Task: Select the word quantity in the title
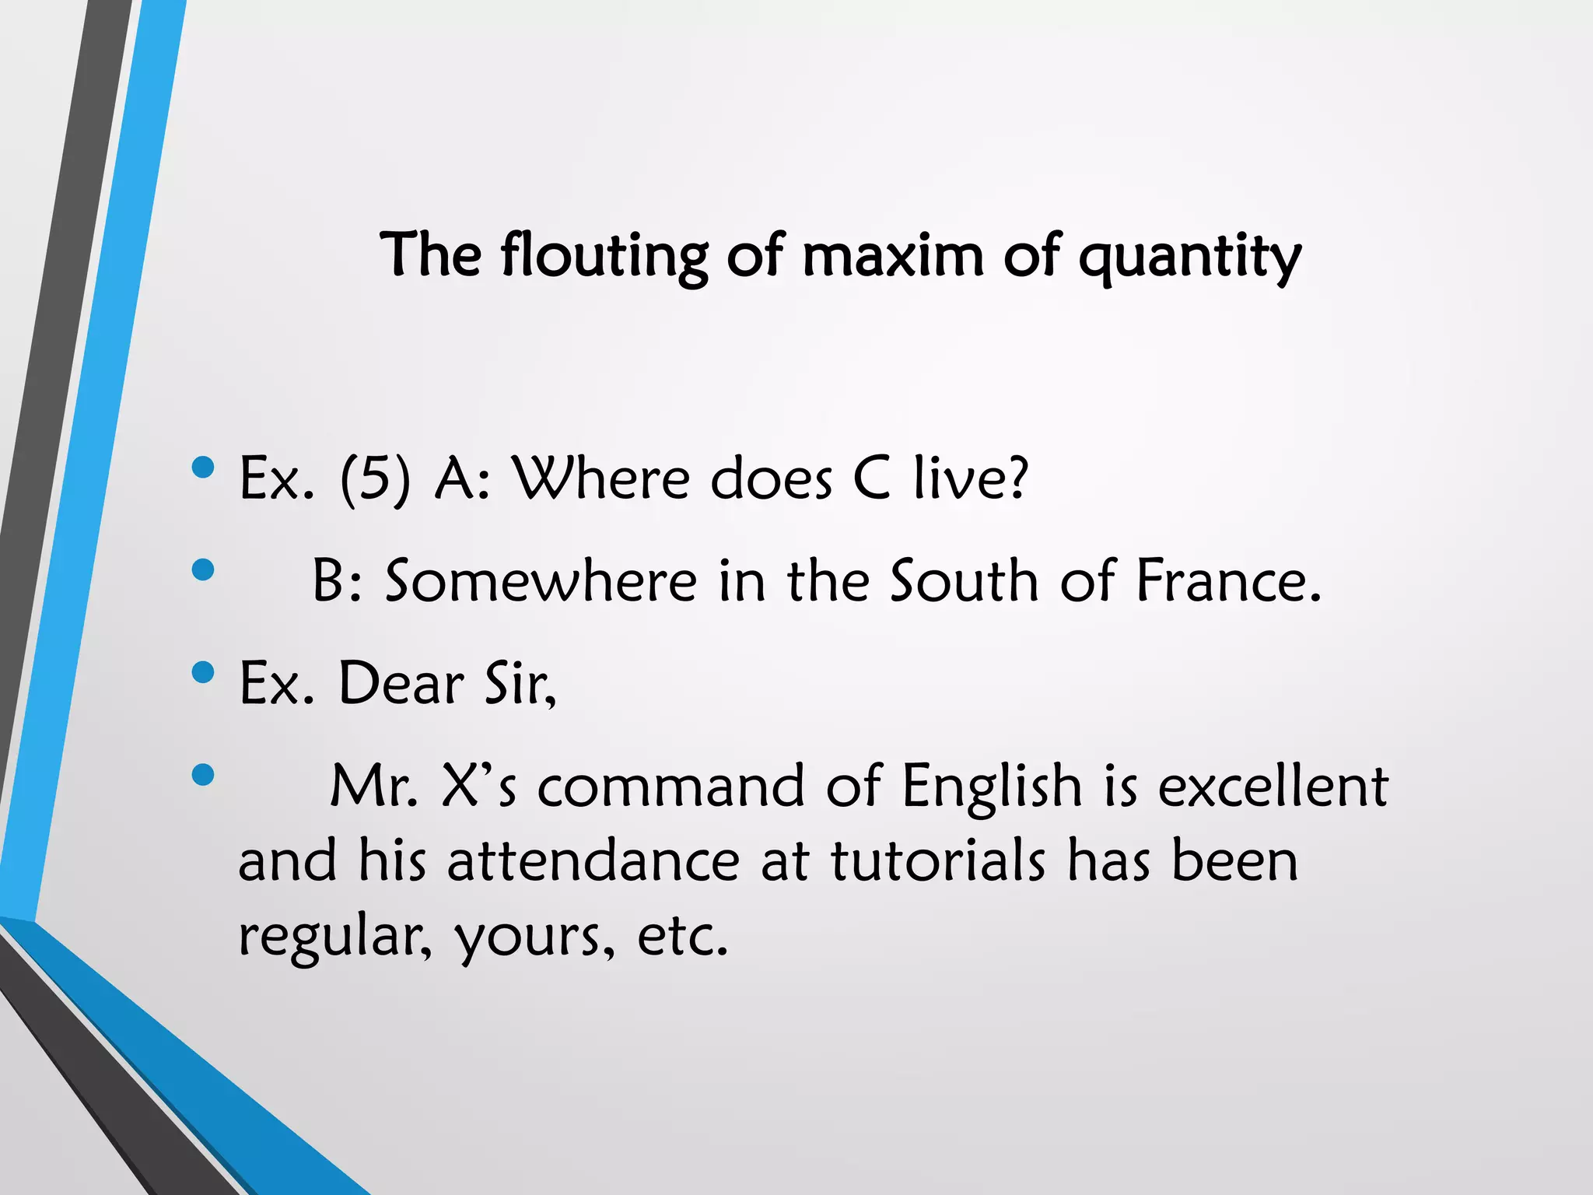pyautogui.click(x=1189, y=257)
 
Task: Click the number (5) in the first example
pyautogui.click(x=374, y=478)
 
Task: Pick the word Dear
pyautogui.click(x=401, y=683)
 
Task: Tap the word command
pyautogui.click(x=670, y=786)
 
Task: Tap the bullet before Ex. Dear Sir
pyautogui.click(x=202, y=672)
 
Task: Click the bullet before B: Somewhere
pyautogui.click(x=202, y=569)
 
